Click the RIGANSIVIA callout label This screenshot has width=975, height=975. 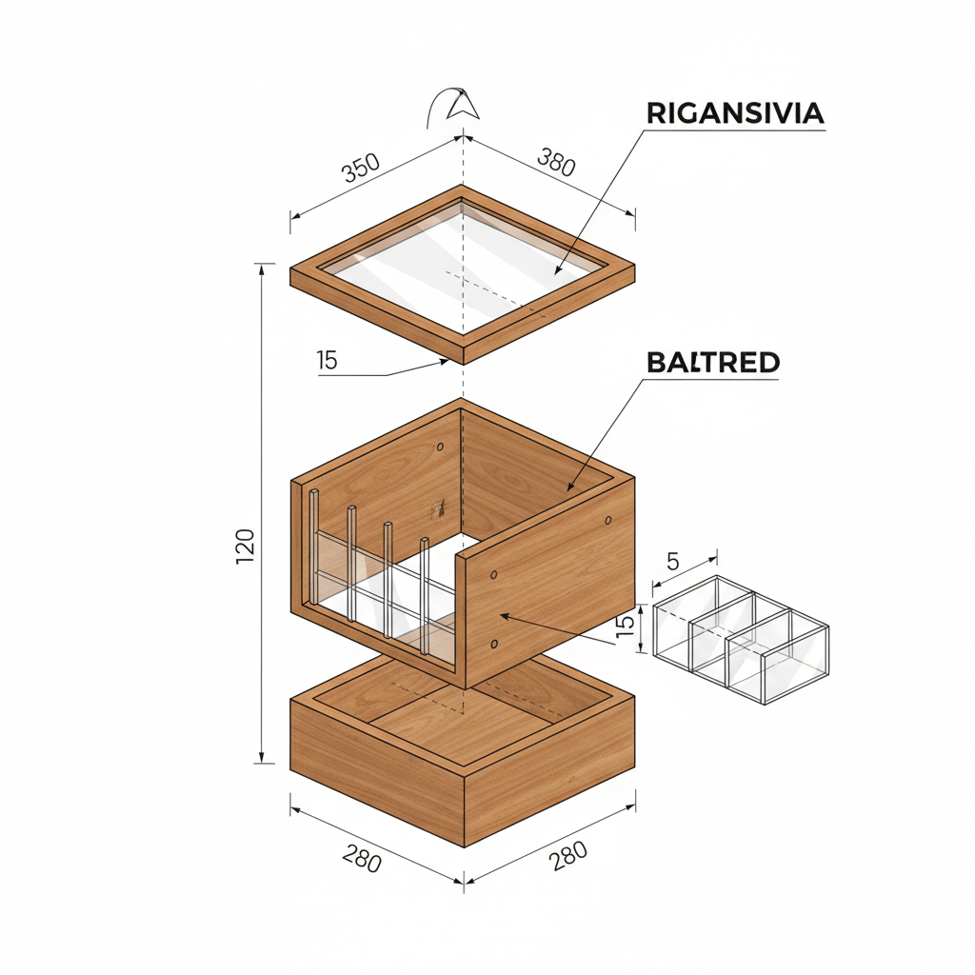point(735,113)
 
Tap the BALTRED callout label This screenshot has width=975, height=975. point(713,363)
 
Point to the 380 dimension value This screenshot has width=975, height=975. point(556,163)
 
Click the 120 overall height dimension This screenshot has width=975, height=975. point(245,547)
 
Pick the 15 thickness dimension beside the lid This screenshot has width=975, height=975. point(328,361)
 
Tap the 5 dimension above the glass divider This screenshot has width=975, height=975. point(673,562)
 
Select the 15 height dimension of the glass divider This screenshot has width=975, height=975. point(625,628)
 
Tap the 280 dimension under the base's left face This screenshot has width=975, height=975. point(362,861)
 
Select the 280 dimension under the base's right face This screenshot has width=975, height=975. point(568,857)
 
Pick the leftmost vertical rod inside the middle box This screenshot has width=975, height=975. point(313,547)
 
